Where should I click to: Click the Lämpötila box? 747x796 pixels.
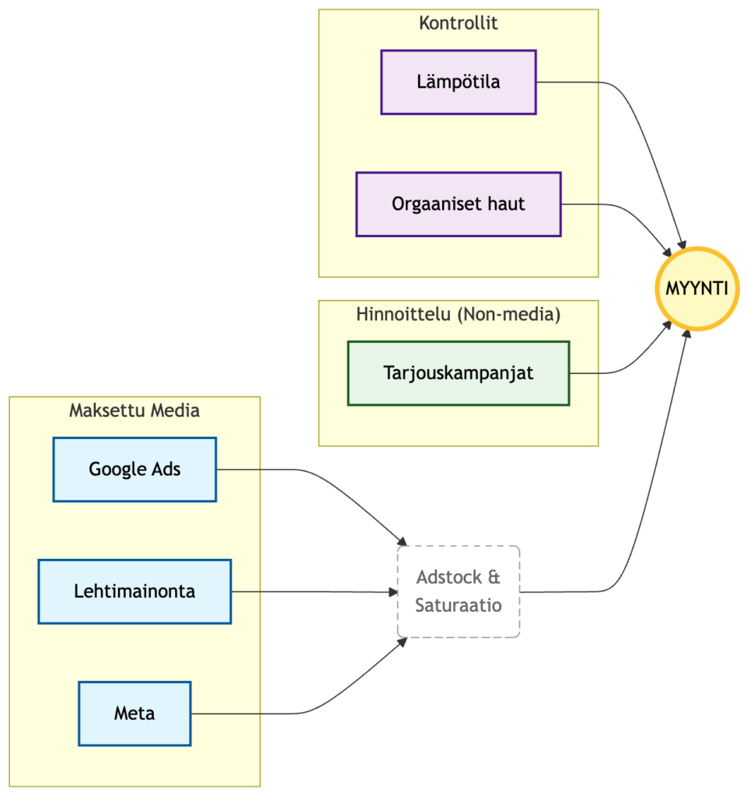point(458,82)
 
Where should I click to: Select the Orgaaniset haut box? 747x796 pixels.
point(458,204)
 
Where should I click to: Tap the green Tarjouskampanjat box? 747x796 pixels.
point(458,373)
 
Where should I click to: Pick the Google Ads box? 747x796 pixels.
point(134,470)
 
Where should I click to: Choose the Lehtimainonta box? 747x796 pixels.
point(134,592)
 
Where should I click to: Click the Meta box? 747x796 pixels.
point(134,714)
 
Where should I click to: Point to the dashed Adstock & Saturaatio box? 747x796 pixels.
point(458,592)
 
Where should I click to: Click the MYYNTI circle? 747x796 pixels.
point(696,288)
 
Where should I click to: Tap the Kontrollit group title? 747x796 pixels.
point(458,23)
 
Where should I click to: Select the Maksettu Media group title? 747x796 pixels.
point(134,410)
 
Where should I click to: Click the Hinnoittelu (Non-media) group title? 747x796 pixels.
point(458,315)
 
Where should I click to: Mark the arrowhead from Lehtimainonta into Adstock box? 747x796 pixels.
point(393,592)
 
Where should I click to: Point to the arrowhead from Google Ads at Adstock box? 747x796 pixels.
point(403,541)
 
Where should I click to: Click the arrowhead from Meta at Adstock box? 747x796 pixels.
point(403,641)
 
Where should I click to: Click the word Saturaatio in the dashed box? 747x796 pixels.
point(458,605)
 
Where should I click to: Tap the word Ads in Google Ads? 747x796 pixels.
point(166,470)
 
